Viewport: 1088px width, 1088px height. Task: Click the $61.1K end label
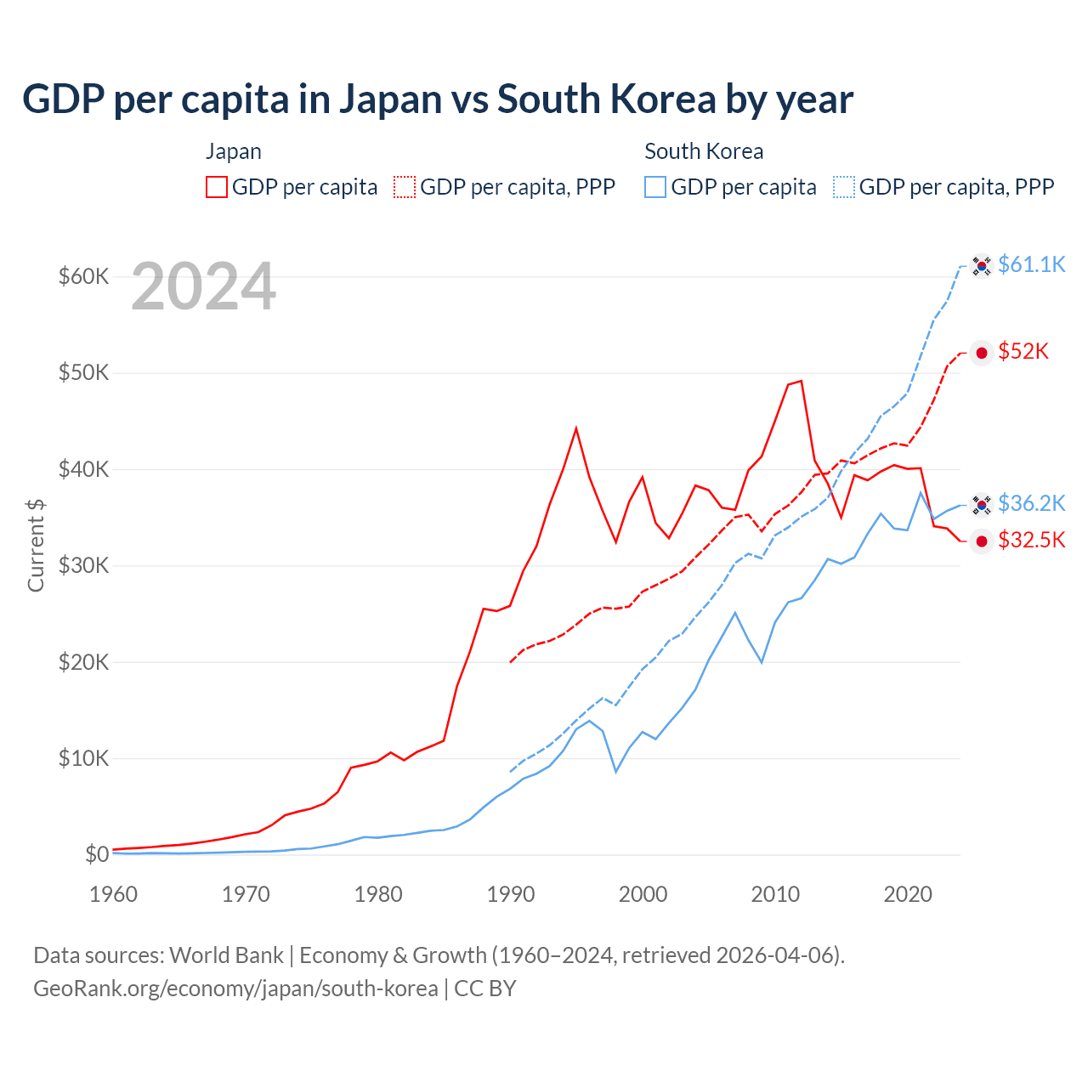pyautogui.click(x=1031, y=264)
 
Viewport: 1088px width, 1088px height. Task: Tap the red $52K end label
pyautogui.click(x=1023, y=351)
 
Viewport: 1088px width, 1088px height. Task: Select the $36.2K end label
pyautogui.click(x=1031, y=503)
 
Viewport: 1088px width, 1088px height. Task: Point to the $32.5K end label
pyautogui.click(x=1031, y=540)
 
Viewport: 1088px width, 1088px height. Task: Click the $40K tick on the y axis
pyautogui.click(x=83, y=469)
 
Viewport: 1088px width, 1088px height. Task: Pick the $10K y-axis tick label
pyautogui.click(x=83, y=758)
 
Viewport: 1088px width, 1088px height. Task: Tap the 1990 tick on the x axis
pyautogui.click(x=511, y=894)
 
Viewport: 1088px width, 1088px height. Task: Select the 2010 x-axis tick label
pyautogui.click(x=775, y=894)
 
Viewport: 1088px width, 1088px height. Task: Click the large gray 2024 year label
pyautogui.click(x=204, y=287)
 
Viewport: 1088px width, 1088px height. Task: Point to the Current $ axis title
pyautogui.click(x=36, y=546)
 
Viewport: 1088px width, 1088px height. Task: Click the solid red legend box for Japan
pyautogui.click(x=217, y=187)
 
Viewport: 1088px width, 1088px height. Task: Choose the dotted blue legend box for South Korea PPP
pyautogui.click(x=844, y=187)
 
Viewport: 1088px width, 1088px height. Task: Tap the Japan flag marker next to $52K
pyautogui.click(x=982, y=353)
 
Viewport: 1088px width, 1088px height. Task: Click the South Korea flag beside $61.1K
pyautogui.click(x=982, y=266)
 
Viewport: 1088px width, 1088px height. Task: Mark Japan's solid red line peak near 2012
pyautogui.click(x=801, y=381)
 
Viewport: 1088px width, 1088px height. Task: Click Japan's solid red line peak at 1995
pyautogui.click(x=576, y=428)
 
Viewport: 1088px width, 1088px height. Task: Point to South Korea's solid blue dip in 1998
pyautogui.click(x=615, y=771)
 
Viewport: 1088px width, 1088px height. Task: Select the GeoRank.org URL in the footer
pyautogui.click(x=235, y=989)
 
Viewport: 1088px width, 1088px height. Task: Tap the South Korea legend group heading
pyautogui.click(x=704, y=151)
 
